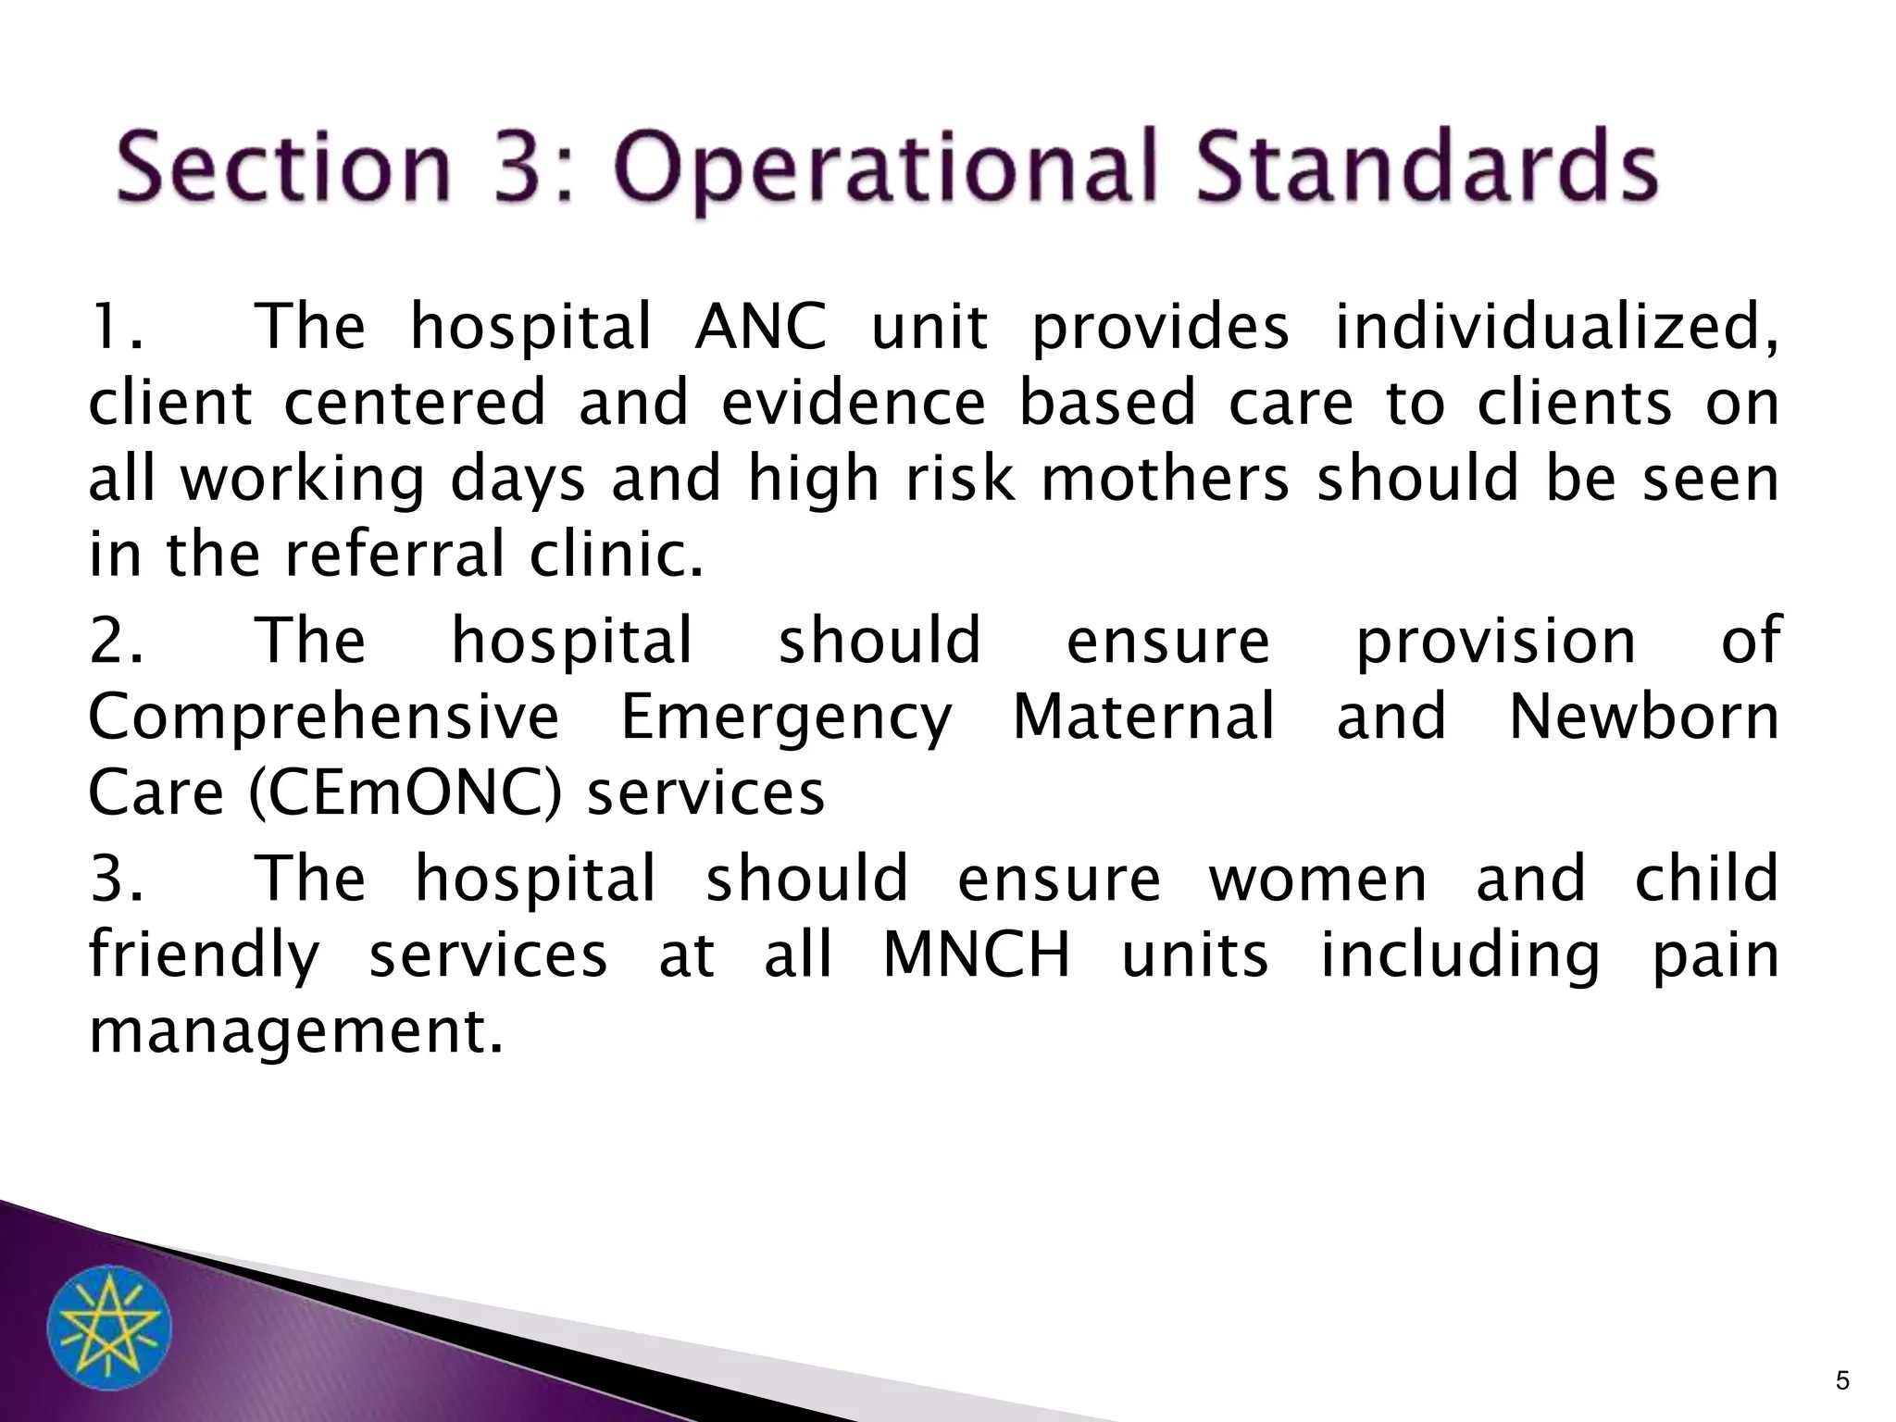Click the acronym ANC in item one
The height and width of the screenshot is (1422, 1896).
pos(760,328)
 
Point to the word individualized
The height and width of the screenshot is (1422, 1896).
pos(1555,330)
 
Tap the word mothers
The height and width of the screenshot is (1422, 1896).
pos(1165,480)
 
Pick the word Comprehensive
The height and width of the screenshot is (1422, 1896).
pos(324,718)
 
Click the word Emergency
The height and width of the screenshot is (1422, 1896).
pos(786,718)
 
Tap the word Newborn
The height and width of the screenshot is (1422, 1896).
pos(1644,717)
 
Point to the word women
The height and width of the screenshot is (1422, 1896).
pos(1318,879)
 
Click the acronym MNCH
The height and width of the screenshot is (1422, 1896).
pos(977,955)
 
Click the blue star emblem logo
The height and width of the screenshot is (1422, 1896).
pos(109,1327)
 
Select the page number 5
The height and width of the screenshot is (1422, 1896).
pos(1842,1382)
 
